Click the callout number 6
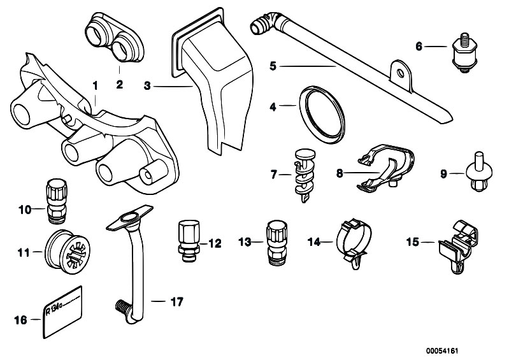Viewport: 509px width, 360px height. pos(419,46)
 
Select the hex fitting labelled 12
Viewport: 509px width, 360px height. pos(187,241)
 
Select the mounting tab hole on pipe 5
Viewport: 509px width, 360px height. pos(400,73)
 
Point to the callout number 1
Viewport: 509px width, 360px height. pos(96,85)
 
